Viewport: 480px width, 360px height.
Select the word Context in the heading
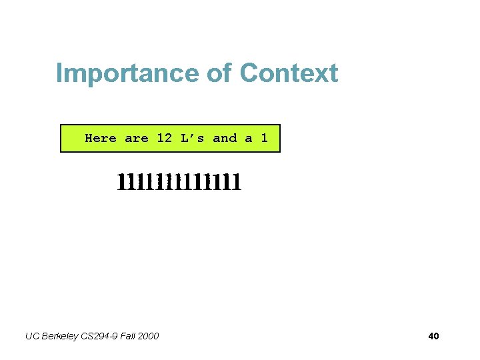pyautogui.click(x=289, y=73)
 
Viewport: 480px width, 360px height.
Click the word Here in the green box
pyautogui.click(x=101, y=138)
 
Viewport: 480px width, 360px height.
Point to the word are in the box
pyautogui.click(x=136, y=138)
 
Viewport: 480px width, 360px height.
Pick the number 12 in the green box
pyautogui.click(x=164, y=138)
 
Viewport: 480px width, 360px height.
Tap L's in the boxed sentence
pyautogui.click(x=192, y=138)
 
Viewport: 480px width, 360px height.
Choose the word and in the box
pyautogui.click(x=225, y=138)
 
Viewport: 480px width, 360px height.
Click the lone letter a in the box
pyautogui.click(x=249, y=138)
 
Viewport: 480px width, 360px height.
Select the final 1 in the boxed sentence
pyautogui.click(x=265, y=138)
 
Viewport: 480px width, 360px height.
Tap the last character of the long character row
pyautogui.click(x=236, y=181)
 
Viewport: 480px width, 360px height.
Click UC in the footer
pyautogui.click(x=32, y=336)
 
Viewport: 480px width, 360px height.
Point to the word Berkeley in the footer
pyautogui.click(x=61, y=336)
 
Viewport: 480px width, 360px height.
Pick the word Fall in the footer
pyautogui.click(x=129, y=336)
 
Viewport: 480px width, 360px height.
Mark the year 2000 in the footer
pyautogui.click(x=149, y=336)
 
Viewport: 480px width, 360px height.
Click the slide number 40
pyautogui.click(x=433, y=336)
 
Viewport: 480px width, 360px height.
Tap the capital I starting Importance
pyautogui.click(x=59, y=73)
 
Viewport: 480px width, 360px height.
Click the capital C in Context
pyautogui.click(x=250, y=73)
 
